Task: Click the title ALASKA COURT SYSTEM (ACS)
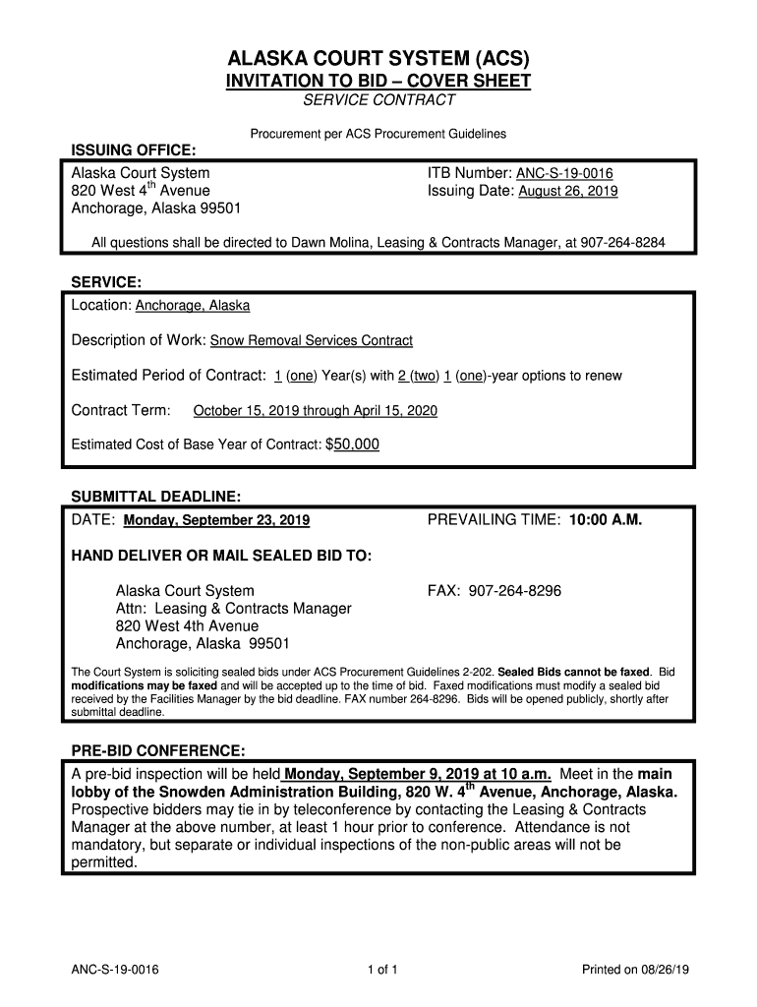click(378, 58)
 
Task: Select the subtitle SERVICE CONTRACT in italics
click(378, 100)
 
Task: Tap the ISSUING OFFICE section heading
click(134, 149)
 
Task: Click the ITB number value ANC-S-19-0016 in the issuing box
click(564, 174)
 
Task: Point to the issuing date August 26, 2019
click(568, 192)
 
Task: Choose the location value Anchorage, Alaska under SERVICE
click(193, 306)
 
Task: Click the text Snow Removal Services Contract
click(312, 341)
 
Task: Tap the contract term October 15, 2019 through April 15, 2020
click(316, 411)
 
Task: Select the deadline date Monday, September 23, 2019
click(216, 520)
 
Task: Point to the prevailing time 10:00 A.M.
click(605, 519)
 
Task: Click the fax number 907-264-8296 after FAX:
click(515, 591)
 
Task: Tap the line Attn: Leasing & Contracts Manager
click(233, 609)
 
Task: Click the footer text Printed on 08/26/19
click(636, 971)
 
